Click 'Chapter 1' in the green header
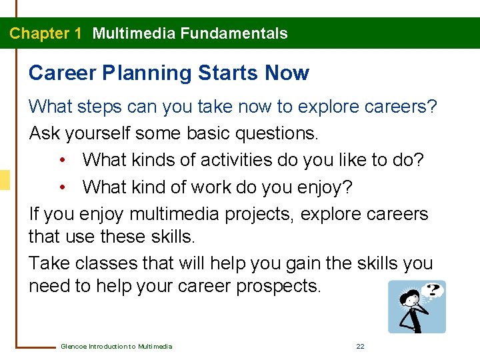45,33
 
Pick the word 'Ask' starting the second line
45,133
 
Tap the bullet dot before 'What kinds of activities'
63,161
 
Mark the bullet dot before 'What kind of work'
63,187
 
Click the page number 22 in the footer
360,346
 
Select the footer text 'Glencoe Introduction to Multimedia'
116,346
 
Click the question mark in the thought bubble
433,290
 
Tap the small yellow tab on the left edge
5,180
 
